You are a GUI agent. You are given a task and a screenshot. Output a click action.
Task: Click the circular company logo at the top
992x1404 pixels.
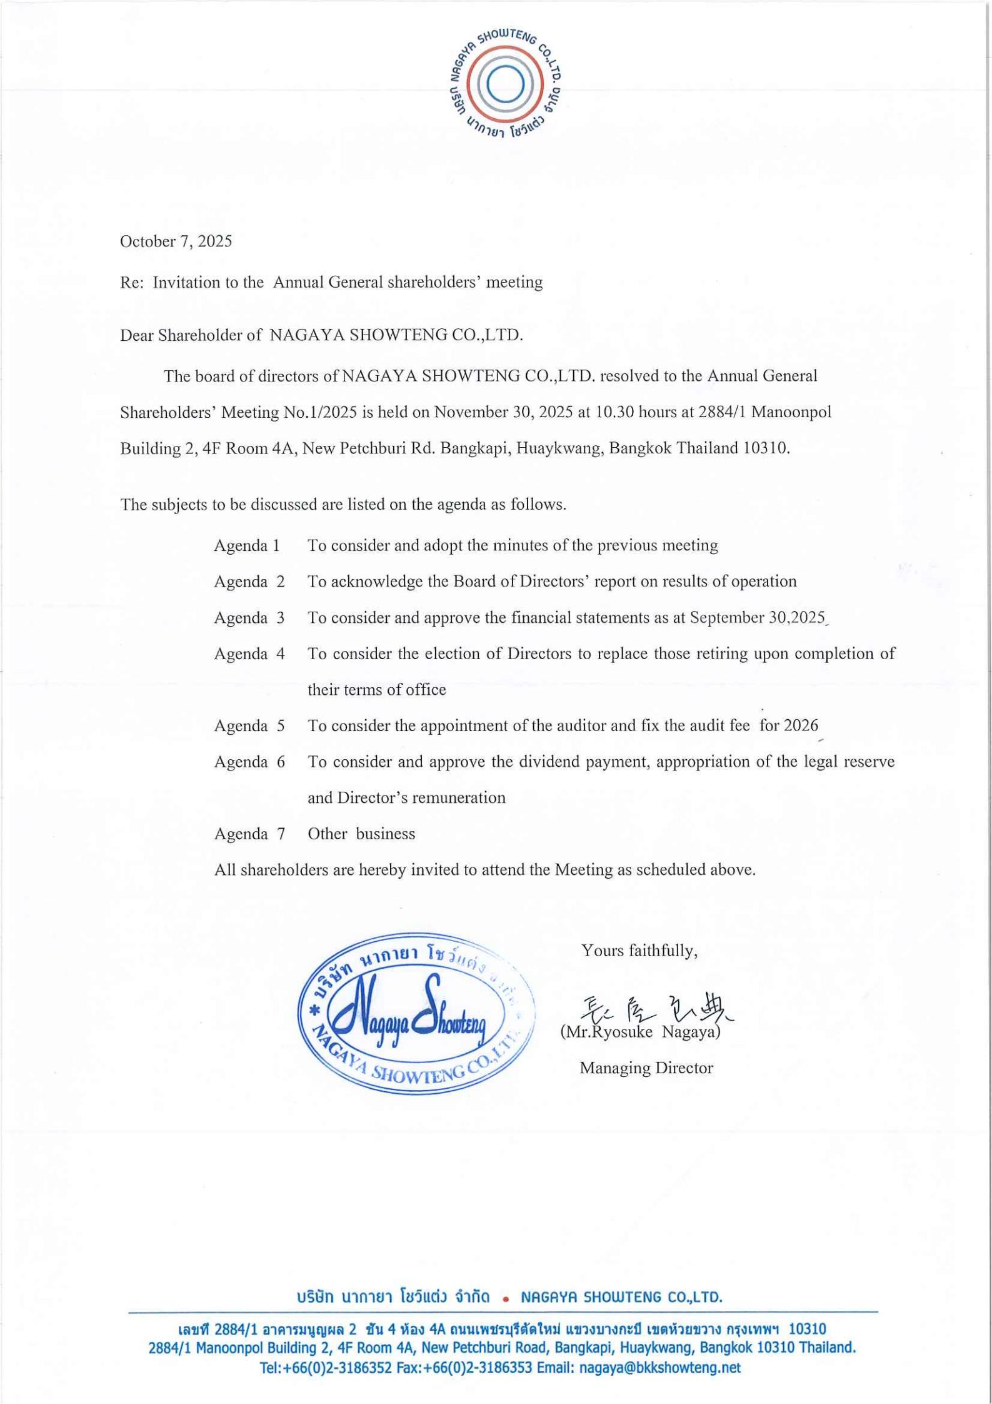505,84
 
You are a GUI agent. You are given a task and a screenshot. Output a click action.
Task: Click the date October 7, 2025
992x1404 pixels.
176,241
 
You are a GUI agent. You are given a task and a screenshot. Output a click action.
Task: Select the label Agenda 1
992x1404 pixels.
247,545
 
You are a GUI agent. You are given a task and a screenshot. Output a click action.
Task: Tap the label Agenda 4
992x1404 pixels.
249,654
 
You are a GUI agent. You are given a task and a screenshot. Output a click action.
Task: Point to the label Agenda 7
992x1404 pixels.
249,834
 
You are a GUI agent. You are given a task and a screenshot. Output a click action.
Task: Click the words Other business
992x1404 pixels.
361,834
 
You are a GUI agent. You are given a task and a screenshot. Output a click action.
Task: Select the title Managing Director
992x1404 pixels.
646,1068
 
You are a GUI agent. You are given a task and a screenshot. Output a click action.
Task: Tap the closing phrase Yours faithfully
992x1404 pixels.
639,951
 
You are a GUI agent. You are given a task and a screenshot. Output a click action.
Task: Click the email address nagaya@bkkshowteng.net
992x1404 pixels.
659,1368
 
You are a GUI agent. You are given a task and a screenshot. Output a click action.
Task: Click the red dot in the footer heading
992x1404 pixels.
506,1299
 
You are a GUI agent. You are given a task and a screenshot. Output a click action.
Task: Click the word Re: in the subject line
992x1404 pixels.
132,283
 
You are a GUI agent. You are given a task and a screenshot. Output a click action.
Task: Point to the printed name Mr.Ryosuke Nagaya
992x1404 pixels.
641,1032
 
